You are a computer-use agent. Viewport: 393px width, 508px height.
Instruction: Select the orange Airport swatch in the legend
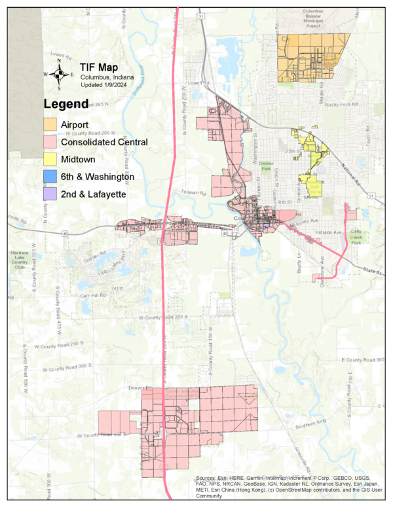tap(50, 124)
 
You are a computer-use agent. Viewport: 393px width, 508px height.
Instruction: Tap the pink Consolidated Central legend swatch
tap(50, 141)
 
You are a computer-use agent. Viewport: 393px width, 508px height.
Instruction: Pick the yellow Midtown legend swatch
tap(50, 159)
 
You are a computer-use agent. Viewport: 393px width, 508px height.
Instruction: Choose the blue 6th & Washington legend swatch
tap(50, 177)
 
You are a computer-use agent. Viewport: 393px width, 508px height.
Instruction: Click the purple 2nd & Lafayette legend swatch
tap(50, 194)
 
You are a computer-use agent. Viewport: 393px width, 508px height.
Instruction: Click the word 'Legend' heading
tap(65, 104)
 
